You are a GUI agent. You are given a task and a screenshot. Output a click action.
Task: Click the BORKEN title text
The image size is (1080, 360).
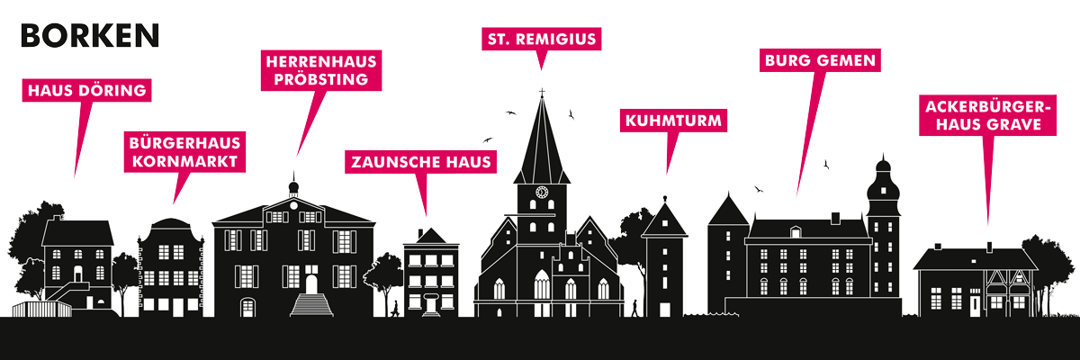pyautogui.click(x=90, y=36)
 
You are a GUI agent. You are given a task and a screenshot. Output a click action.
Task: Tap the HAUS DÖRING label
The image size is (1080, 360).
pyautogui.click(x=86, y=90)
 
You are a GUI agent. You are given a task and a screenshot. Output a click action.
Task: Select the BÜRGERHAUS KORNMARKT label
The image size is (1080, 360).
pyautogui.click(x=184, y=152)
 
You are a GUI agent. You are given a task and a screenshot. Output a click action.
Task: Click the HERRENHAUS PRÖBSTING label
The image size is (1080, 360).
pyautogui.click(x=321, y=70)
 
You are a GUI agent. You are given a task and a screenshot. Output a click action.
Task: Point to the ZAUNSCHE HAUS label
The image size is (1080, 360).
pyautogui.click(x=421, y=162)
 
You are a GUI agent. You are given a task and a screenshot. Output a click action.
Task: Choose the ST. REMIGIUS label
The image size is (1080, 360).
pyautogui.click(x=542, y=39)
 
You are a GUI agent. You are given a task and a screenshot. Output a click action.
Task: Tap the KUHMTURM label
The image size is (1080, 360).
pyautogui.click(x=673, y=121)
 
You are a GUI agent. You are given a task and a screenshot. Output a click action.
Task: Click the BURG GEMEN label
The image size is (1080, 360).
pyautogui.click(x=820, y=60)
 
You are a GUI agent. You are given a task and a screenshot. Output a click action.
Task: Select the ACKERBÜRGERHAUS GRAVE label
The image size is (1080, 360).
pyautogui.click(x=988, y=115)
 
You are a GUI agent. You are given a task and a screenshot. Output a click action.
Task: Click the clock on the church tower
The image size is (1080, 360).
pyautogui.click(x=542, y=193)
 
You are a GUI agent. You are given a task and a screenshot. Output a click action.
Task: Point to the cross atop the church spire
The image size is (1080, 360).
pyautogui.click(x=542, y=92)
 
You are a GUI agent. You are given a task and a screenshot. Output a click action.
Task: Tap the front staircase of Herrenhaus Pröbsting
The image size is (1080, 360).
pyautogui.click(x=311, y=304)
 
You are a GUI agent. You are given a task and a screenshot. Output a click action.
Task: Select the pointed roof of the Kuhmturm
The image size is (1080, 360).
pyautogui.click(x=665, y=220)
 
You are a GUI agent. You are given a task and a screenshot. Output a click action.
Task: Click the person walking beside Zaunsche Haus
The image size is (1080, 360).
pyautogui.click(x=395, y=309)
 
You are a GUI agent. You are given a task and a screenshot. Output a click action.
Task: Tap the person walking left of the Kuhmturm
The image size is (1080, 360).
pyautogui.click(x=635, y=309)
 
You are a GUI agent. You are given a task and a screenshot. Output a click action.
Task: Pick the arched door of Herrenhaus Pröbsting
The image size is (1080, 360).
pyautogui.click(x=311, y=283)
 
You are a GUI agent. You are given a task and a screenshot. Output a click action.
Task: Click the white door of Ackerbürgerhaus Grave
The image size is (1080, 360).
pyautogui.click(x=975, y=305)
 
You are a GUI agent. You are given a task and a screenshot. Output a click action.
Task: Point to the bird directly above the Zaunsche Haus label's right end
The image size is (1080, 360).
pyautogui.click(x=488, y=140)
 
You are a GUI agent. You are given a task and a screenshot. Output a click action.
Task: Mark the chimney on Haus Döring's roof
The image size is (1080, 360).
pyautogui.click(x=58, y=219)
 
